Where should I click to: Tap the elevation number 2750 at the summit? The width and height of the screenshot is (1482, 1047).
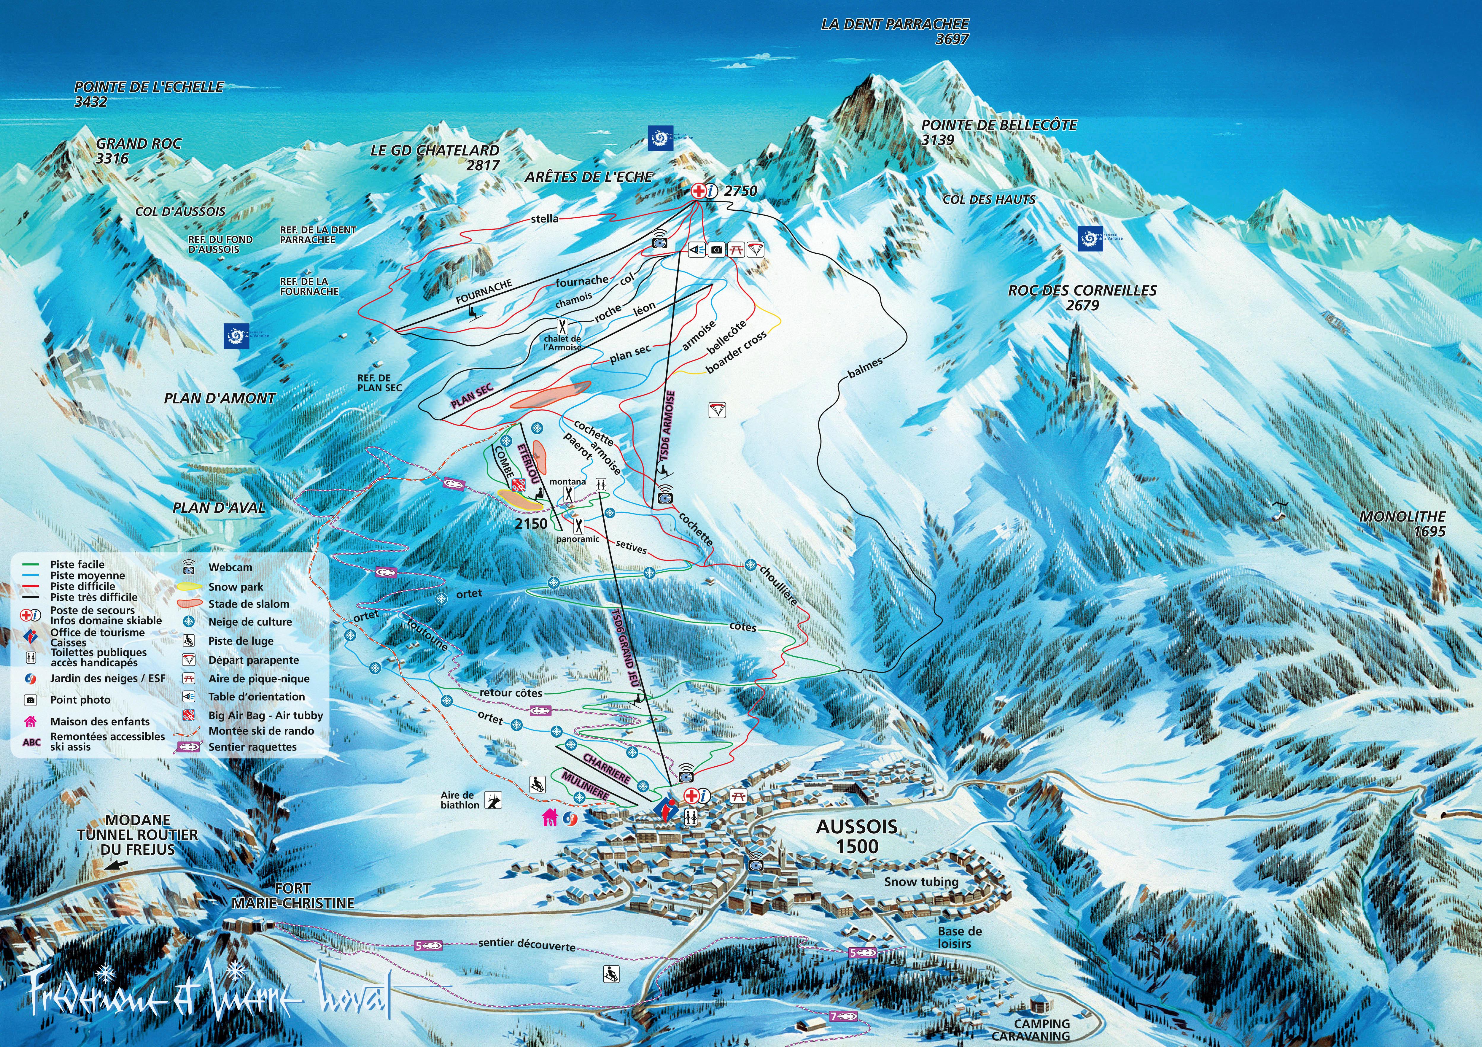click(740, 191)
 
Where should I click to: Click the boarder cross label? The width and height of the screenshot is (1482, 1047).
click(737, 352)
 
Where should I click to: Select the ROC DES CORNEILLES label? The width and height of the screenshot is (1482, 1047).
click(1082, 291)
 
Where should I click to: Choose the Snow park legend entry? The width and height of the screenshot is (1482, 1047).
click(236, 587)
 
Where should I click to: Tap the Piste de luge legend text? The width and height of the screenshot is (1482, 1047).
click(241, 641)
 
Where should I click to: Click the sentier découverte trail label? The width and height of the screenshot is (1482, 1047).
click(527, 944)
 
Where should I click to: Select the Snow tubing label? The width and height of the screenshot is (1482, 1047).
click(921, 882)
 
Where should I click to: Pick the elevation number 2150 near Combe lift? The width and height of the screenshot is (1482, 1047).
click(531, 523)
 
